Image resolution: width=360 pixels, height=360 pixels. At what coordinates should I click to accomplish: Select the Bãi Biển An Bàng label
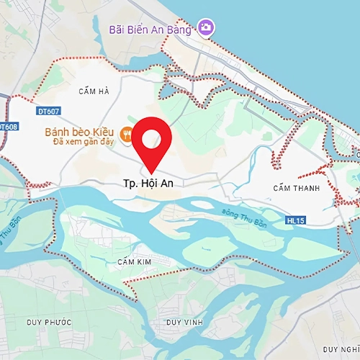[x=150, y=29]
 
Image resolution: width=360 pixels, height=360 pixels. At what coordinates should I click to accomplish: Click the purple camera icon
[x=207, y=27]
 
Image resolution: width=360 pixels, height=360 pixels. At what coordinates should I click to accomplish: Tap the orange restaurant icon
[x=126, y=132]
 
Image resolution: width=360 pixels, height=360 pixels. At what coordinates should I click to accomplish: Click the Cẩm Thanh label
[x=294, y=188]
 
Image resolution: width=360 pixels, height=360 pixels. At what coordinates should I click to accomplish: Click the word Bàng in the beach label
[x=183, y=29]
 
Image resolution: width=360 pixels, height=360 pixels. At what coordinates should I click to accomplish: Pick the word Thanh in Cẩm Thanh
[x=304, y=188]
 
